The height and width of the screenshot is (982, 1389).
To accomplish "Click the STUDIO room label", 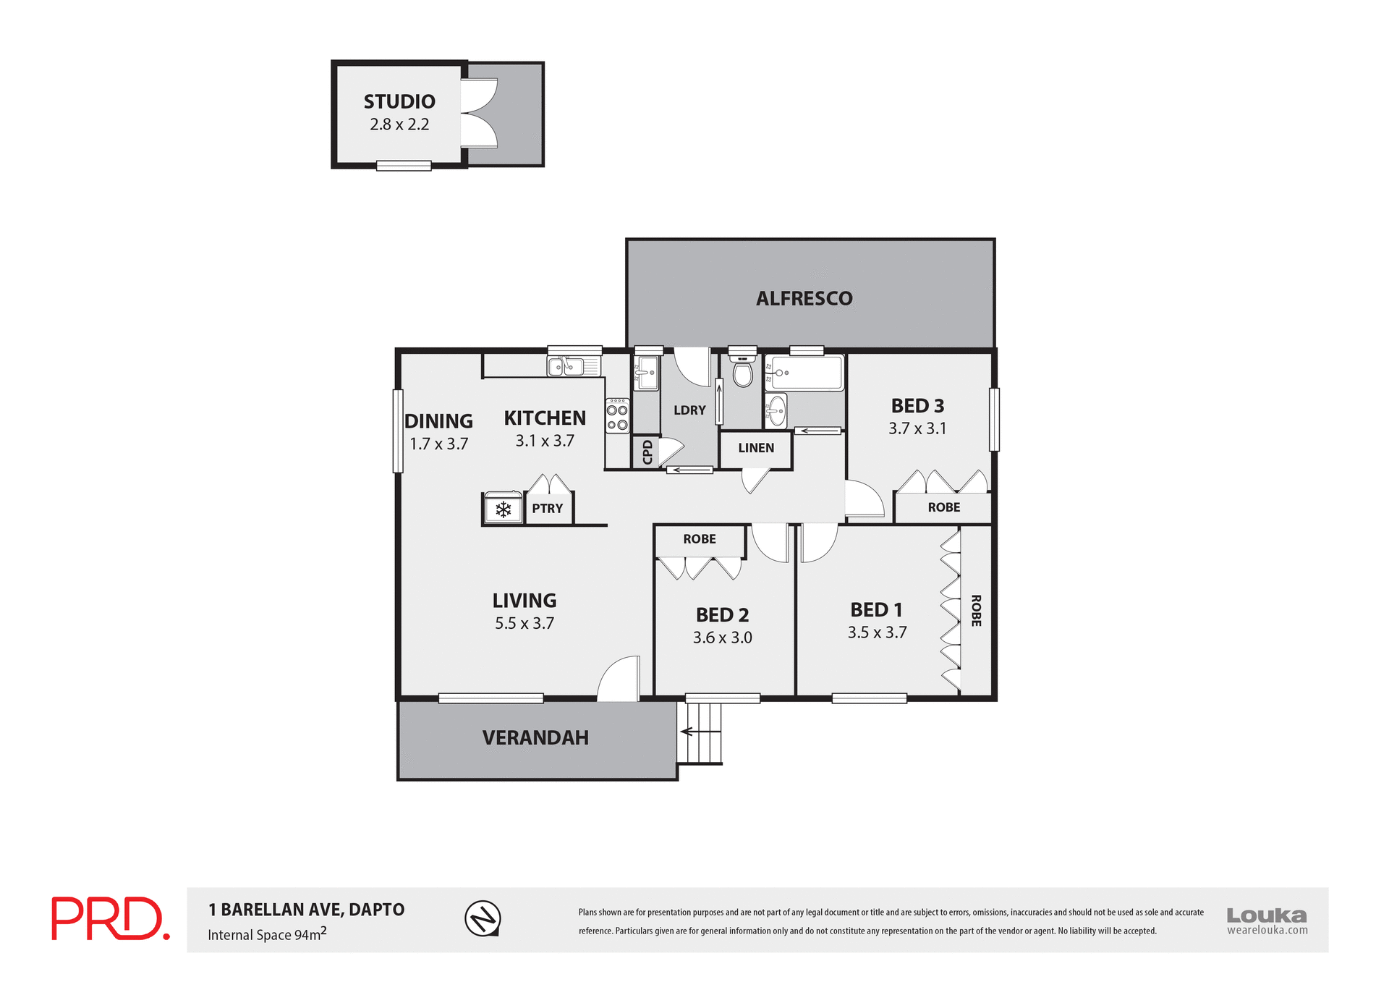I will tap(399, 102).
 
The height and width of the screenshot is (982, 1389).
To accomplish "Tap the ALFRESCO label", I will tap(804, 299).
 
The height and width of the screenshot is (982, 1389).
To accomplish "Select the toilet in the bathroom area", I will tap(742, 372).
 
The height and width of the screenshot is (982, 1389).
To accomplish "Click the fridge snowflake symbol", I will tap(504, 509).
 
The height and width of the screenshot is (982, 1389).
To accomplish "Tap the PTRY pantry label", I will tap(547, 509).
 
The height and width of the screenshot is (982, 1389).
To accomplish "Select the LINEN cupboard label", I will tap(756, 448).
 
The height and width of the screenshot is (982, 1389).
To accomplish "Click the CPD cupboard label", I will tap(647, 452).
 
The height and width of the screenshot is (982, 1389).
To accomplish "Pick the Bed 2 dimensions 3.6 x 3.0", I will tap(722, 638).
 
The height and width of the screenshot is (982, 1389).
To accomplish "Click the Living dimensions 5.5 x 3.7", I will tap(524, 623).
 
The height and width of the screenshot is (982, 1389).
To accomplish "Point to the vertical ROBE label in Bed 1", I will tap(976, 610).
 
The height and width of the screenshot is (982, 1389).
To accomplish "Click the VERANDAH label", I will tap(535, 738).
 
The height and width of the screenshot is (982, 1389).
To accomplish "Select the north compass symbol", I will tap(483, 918).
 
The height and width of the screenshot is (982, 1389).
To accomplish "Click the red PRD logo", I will tap(110, 918).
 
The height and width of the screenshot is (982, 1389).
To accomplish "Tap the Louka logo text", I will tap(1266, 915).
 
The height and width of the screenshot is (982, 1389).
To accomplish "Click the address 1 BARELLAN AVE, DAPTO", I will tap(306, 910).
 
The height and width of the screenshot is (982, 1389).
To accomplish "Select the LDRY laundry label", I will tap(689, 410).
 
